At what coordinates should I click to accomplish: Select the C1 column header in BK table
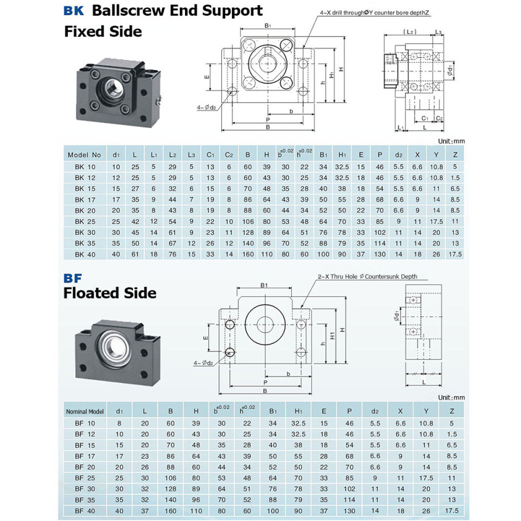click(210, 155)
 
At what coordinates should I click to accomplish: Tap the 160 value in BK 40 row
click(248, 254)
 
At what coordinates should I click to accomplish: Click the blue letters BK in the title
click(73, 10)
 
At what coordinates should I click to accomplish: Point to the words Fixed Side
click(103, 31)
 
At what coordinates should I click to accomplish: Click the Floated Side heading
click(109, 293)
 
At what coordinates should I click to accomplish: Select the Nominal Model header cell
click(85, 411)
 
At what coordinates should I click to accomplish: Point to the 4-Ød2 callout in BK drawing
click(206, 108)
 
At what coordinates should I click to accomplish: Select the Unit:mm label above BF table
click(451, 398)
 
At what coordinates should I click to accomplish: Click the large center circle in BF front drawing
click(265, 324)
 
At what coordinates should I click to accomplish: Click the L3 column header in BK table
click(191, 155)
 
